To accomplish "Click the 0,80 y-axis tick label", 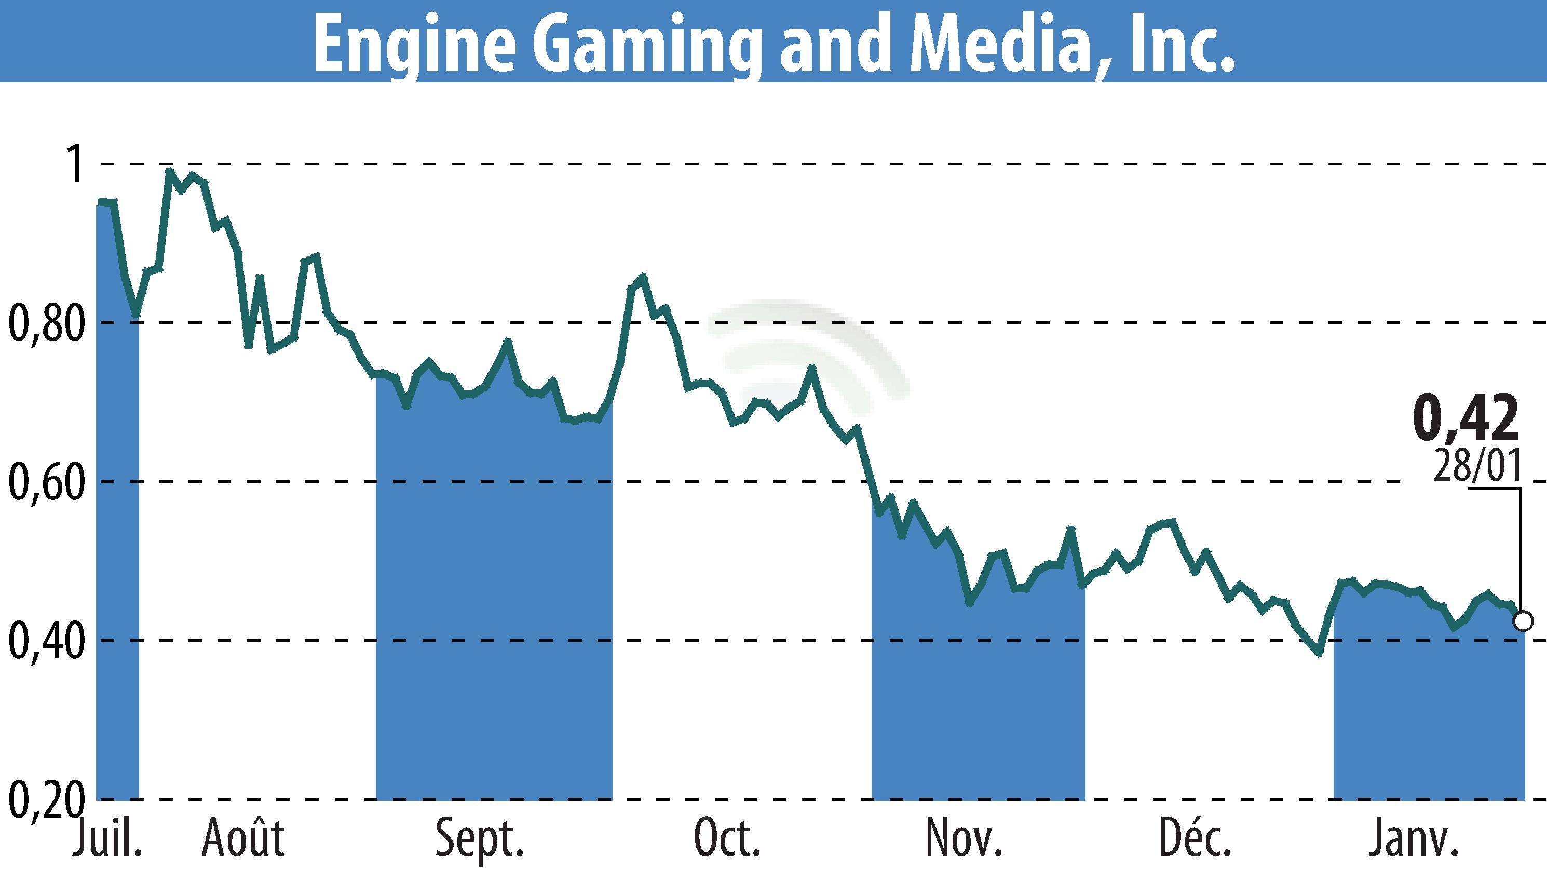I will pyautogui.click(x=45, y=323).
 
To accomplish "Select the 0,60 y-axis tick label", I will pyautogui.click(x=45, y=482).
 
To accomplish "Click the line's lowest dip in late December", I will pyautogui.click(x=1319, y=653).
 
